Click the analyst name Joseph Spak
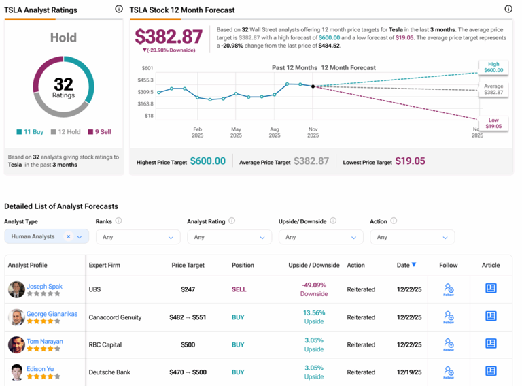pos(44,286)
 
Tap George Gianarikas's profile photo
pos(16,317)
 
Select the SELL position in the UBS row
pos(239,289)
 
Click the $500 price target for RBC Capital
pos(188,344)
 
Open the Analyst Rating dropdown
pos(229,237)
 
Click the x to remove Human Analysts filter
pos(68,237)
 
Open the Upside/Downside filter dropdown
pos(320,237)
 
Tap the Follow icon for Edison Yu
pos(449,372)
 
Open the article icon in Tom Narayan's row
pos(491,344)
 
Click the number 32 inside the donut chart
pos(63,84)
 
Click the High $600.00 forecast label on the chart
pos(493,67)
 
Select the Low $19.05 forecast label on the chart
pos(493,123)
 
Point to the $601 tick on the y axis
pos(147,68)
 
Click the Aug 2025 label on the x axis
pos(274,132)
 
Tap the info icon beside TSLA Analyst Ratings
pos(119,10)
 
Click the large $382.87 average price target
pos(169,37)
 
